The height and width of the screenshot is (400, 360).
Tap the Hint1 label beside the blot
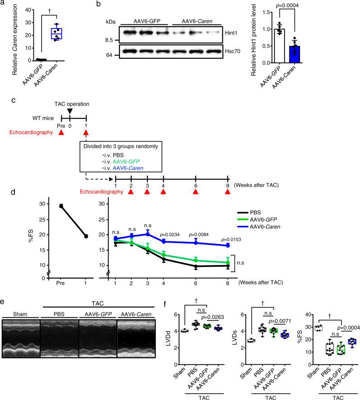point(232,32)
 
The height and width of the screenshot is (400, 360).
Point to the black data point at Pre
point(60,206)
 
